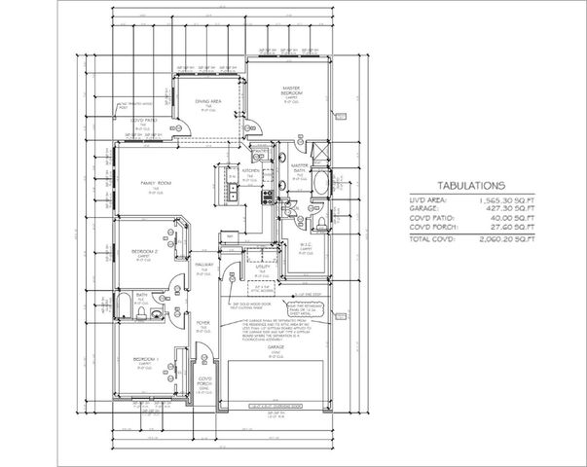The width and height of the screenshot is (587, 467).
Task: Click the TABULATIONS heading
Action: tap(469, 183)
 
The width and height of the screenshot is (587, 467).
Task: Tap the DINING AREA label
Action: tap(208, 100)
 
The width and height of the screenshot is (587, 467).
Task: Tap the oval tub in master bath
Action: tap(323, 181)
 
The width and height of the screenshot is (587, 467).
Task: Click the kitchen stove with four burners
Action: tap(267, 198)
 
